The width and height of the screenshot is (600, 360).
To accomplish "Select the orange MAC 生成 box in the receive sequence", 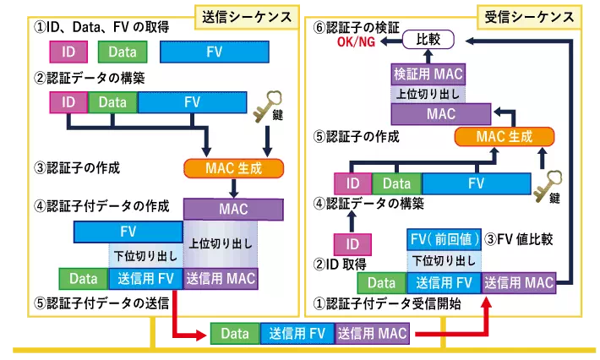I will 504,137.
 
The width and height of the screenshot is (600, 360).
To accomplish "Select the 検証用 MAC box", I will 428,74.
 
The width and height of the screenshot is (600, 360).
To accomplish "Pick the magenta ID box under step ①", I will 68,52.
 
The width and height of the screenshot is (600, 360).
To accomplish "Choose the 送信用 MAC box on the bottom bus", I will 372,334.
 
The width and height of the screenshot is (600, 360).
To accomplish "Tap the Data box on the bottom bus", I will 235,334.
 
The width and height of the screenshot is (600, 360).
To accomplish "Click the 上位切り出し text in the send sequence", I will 220,243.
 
